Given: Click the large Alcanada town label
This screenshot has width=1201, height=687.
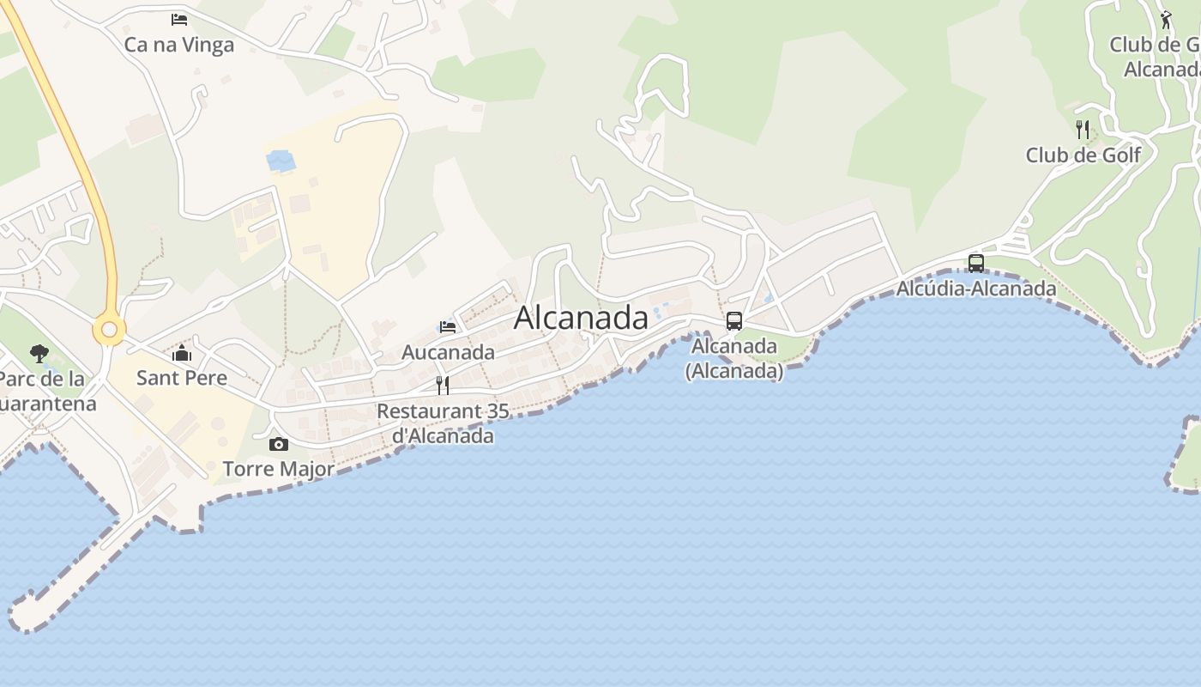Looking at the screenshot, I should point(581,318).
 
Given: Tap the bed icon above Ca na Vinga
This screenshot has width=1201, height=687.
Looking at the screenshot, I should point(179,20).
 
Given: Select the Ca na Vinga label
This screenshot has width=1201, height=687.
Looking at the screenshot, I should point(179,45).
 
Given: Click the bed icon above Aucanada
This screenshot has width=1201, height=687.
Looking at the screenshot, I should point(447,326).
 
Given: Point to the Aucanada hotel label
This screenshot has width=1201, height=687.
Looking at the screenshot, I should point(448,352).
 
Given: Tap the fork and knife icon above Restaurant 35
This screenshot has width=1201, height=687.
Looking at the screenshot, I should point(443,385).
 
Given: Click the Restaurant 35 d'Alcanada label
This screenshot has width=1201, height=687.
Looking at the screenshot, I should point(443,423).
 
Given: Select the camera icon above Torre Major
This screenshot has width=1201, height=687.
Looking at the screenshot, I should point(279,444).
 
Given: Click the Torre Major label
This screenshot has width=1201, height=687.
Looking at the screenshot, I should point(279,469).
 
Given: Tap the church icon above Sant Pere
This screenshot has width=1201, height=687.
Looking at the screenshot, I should point(182,353).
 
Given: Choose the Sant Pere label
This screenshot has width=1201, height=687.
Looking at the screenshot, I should point(182,378).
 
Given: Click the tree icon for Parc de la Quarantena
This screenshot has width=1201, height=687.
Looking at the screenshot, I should point(39,353).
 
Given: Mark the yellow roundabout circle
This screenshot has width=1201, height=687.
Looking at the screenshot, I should point(109,330).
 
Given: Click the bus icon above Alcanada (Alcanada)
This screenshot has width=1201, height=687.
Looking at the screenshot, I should point(734,321).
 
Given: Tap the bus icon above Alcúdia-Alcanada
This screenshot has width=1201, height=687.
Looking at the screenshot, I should point(976,264).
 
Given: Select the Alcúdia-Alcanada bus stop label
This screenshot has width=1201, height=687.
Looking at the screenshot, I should point(976,289).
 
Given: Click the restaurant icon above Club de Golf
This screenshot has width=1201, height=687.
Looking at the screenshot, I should point(1083,130).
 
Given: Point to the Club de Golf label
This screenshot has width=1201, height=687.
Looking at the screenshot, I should point(1083,155).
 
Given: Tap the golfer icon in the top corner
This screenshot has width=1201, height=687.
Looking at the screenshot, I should point(1166,20).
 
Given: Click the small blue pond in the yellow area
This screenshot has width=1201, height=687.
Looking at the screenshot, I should point(280,160).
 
